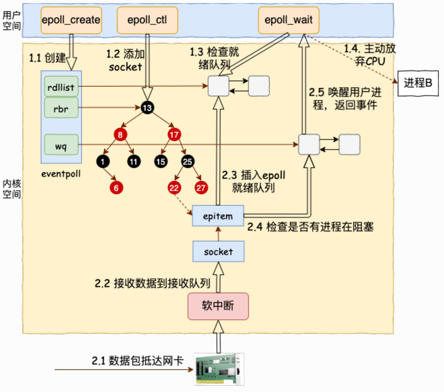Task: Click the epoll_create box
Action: click(71, 20)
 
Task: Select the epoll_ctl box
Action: click(146, 20)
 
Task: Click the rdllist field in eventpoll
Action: click(61, 87)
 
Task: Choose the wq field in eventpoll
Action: click(61, 144)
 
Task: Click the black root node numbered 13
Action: click(147, 108)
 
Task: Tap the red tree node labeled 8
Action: click(120, 135)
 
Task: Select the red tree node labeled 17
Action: click(174, 135)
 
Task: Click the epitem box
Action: click(218, 216)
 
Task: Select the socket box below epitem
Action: click(218, 251)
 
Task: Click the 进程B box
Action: click(418, 83)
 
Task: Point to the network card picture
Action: click(219, 369)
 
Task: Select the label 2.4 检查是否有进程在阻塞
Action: click(310, 227)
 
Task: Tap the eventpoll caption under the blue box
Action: click(61, 174)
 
